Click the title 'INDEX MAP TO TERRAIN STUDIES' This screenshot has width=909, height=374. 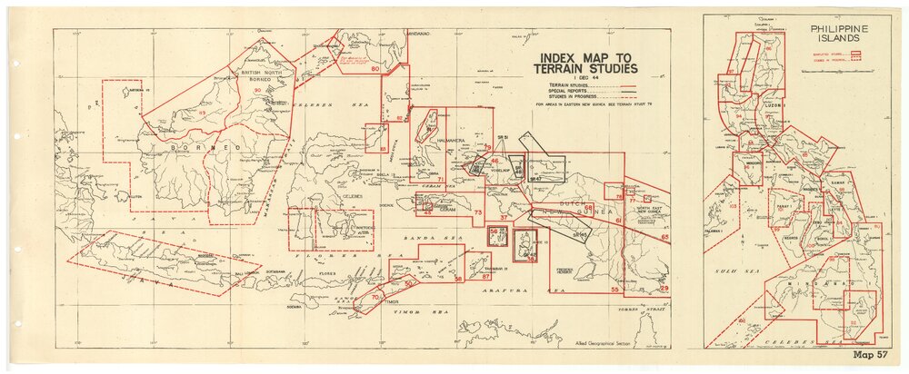pos(585,62)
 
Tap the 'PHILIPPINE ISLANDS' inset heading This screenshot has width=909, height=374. pos(839,34)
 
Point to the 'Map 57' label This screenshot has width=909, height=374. pos(869,355)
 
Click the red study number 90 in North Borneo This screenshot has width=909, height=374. pos(258,91)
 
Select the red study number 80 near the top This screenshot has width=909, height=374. pos(375,69)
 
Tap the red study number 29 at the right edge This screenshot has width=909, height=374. pos(663,288)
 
